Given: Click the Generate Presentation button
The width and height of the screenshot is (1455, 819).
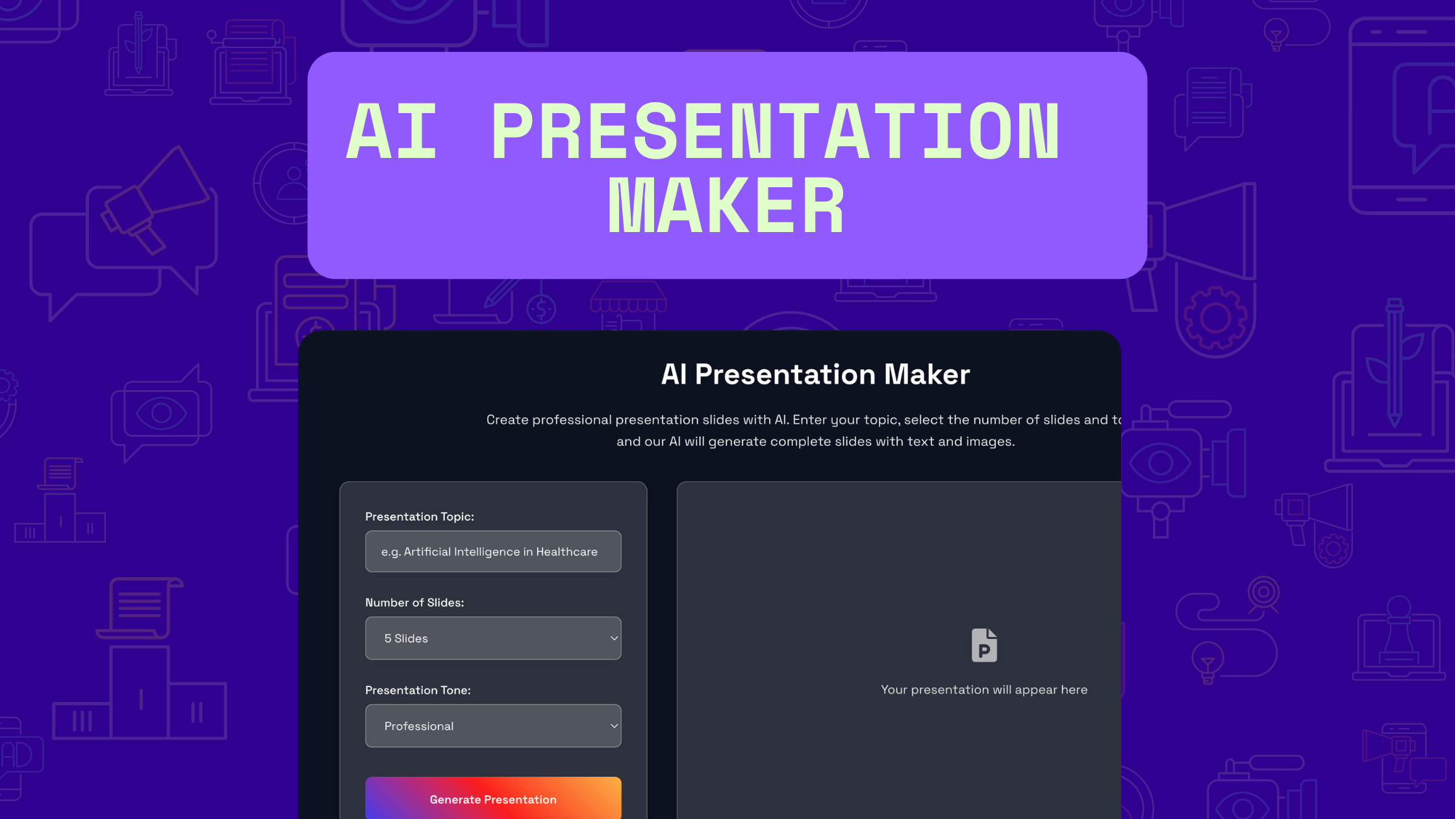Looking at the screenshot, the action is click(x=493, y=798).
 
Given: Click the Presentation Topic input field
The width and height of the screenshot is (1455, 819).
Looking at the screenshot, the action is click(x=493, y=551).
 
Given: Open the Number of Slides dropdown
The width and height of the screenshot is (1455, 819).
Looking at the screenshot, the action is click(x=493, y=638).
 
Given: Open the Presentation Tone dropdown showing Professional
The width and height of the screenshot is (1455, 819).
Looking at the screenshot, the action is click(x=493, y=726).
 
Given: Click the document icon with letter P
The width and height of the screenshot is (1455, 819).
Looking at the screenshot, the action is click(x=984, y=645).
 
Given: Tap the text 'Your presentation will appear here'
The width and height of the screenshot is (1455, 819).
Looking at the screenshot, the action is click(x=984, y=690).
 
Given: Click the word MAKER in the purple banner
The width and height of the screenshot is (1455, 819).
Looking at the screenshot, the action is click(x=726, y=206).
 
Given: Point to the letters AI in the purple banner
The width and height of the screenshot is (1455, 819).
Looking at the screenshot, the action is click(x=392, y=131).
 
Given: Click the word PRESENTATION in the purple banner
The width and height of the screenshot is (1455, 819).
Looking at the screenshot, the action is click(x=776, y=131).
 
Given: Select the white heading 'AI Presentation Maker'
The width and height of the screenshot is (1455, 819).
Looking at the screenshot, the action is click(x=815, y=374).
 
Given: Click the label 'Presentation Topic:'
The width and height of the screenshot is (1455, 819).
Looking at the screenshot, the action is click(x=420, y=517).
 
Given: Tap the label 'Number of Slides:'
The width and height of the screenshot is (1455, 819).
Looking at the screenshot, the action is click(x=414, y=603).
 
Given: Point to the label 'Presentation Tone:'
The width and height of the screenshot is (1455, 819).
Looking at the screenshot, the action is click(x=418, y=690).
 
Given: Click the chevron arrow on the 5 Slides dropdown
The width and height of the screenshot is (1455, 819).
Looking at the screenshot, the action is click(x=614, y=638).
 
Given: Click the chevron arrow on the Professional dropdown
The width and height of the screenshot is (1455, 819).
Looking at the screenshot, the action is click(x=614, y=726).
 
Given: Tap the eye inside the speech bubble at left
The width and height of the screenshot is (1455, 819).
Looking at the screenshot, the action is click(x=161, y=412).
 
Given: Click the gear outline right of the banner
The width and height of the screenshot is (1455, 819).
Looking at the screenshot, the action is click(x=1215, y=318).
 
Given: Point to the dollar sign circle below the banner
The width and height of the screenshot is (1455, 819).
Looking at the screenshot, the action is click(x=541, y=309).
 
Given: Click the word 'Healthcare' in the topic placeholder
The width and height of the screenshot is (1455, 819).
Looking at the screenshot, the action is click(x=566, y=552).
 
